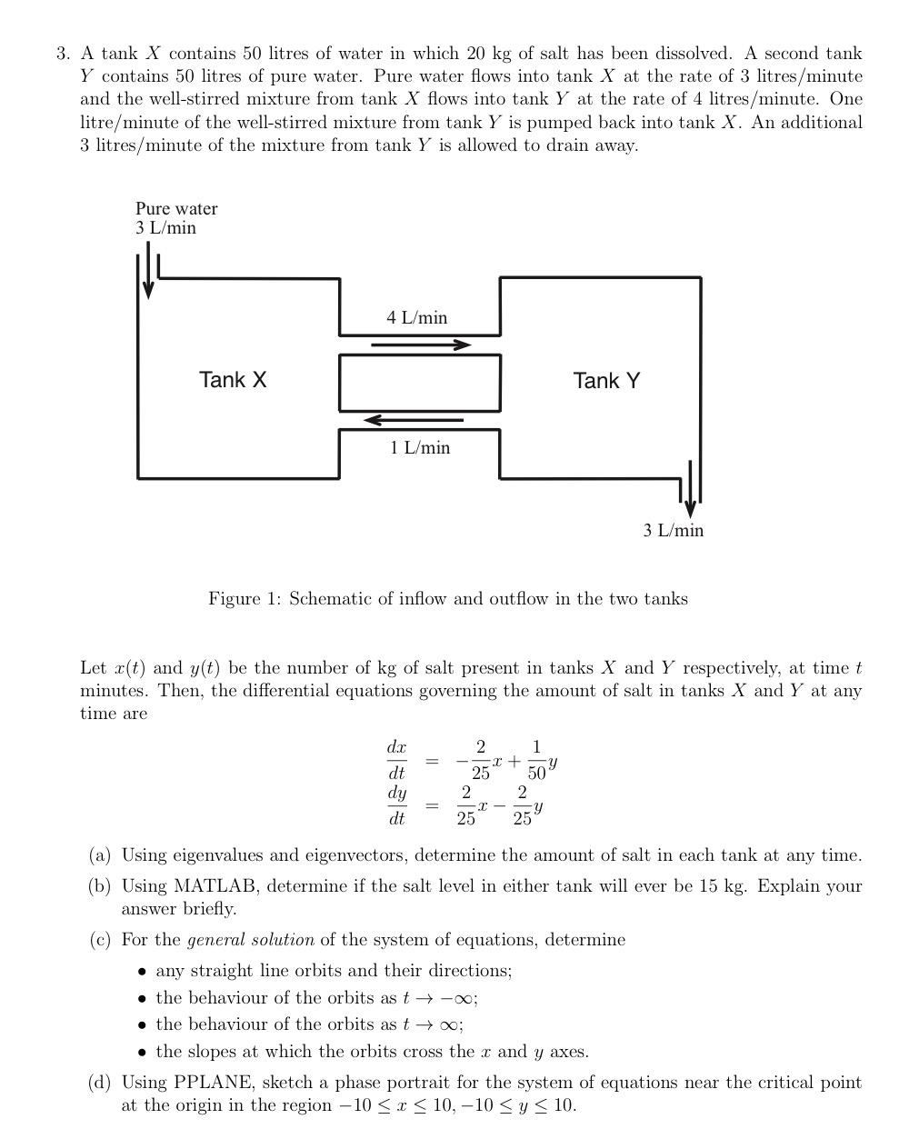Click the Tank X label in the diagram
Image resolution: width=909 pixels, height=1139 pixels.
pyautogui.click(x=233, y=380)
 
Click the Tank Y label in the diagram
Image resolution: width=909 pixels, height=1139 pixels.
pyautogui.click(x=606, y=381)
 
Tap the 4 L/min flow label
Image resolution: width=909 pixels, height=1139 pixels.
pyautogui.click(x=416, y=317)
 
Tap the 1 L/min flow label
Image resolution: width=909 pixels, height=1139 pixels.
pyautogui.click(x=420, y=447)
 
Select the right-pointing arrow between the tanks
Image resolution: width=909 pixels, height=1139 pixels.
pyautogui.click(x=421, y=345)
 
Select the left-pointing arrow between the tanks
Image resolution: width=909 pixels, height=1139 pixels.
pyautogui.click(x=414, y=420)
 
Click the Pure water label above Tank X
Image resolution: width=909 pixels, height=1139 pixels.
pyautogui.click(x=176, y=208)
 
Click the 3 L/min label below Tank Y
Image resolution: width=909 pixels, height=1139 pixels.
pyautogui.click(x=673, y=530)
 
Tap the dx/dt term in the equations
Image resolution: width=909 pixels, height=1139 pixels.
pyautogui.click(x=396, y=760)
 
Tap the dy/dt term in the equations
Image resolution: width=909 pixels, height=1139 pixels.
pyautogui.click(x=396, y=805)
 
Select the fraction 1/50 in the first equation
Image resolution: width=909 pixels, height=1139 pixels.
pyautogui.click(x=536, y=760)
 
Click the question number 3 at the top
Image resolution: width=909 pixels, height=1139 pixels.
pyautogui.click(x=62, y=54)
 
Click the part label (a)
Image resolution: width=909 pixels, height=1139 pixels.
pyautogui.click(x=100, y=855)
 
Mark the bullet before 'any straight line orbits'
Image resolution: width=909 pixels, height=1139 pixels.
pyautogui.click(x=142, y=971)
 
